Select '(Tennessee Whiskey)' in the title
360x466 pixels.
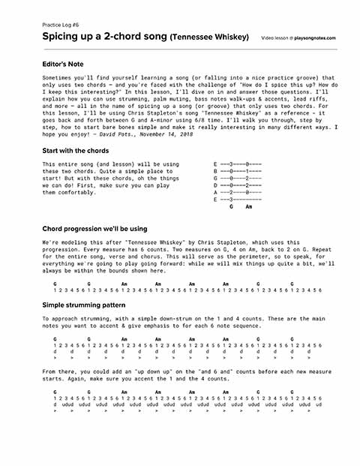209,37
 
